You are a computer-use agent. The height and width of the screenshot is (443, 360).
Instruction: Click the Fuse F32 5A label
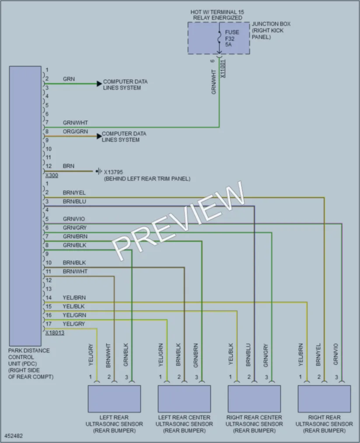(232, 38)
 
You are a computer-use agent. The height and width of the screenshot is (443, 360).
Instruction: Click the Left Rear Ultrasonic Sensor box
(114, 399)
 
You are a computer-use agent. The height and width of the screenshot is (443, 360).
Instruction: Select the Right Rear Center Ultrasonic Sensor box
(254, 399)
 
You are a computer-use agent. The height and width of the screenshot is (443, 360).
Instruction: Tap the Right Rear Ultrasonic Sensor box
(324, 399)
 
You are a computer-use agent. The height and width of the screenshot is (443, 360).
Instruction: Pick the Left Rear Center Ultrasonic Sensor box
(184, 399)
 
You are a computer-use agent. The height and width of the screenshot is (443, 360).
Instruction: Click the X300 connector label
(52, 175)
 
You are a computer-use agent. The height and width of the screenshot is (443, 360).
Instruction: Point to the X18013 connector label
(55, 332)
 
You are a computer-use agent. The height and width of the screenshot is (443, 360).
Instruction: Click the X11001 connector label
(223, 69)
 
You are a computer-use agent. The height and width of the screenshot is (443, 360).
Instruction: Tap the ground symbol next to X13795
(98, 171)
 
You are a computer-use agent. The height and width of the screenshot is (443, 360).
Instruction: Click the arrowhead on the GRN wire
(99, 84)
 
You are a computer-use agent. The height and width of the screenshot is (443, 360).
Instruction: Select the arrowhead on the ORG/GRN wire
(99, 136)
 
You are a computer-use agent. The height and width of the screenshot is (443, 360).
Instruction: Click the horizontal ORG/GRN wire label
(75, 131)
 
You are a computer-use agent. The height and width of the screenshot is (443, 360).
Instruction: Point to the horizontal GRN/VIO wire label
(74, 219)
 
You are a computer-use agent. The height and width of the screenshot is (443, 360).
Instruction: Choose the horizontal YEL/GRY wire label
(74, 324)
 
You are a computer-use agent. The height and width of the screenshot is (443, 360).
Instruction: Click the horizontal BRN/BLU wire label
(74, 202)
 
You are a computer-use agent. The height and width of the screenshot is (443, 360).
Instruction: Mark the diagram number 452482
(14, 436)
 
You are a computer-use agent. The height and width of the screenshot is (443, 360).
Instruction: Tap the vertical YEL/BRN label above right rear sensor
(301, 355)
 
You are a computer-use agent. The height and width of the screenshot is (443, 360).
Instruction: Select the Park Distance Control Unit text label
(31, 363)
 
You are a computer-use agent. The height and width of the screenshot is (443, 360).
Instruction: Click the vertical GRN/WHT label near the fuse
(213, 82)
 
